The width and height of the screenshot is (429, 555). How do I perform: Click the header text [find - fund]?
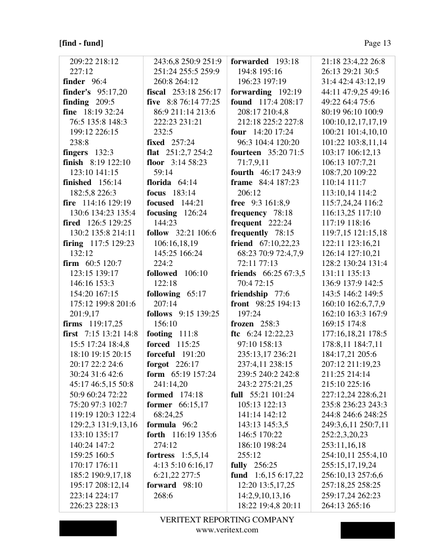[81, 43]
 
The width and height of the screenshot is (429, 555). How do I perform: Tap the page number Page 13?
[377, 43]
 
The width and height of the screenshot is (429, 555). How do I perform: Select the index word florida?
[160, 182]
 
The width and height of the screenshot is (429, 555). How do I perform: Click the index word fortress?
[160, 455]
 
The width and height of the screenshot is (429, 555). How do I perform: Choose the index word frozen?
[242, 324]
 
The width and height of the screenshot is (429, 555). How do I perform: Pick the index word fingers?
[75, 152]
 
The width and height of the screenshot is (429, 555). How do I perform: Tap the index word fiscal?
[156, 92]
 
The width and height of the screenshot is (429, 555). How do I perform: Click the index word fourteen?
[246, 152]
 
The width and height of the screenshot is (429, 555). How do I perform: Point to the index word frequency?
[249, 213]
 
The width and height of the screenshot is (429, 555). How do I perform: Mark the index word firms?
[73, 324]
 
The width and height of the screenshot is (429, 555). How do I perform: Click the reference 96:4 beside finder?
[99, 81]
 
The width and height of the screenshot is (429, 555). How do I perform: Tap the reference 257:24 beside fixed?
[183, 142]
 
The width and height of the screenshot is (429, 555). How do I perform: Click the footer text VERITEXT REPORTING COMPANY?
[227, 520]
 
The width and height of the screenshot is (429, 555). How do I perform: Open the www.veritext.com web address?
[227, 530]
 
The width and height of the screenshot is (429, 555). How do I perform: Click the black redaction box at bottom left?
[88, 528]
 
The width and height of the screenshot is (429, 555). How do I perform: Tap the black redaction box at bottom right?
[367, 530]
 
